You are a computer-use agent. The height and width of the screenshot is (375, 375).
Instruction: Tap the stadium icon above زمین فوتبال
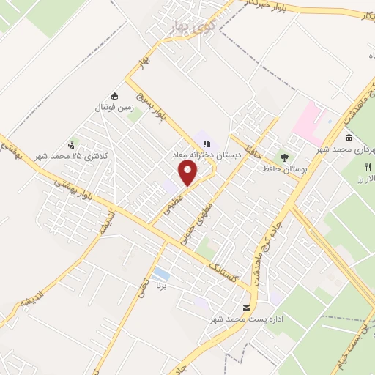(x=114, y=96)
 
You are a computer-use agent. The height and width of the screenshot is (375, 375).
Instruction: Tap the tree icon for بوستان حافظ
(x=283, y=157)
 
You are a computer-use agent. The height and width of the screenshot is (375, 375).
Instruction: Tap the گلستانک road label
(x=223, y=274)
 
